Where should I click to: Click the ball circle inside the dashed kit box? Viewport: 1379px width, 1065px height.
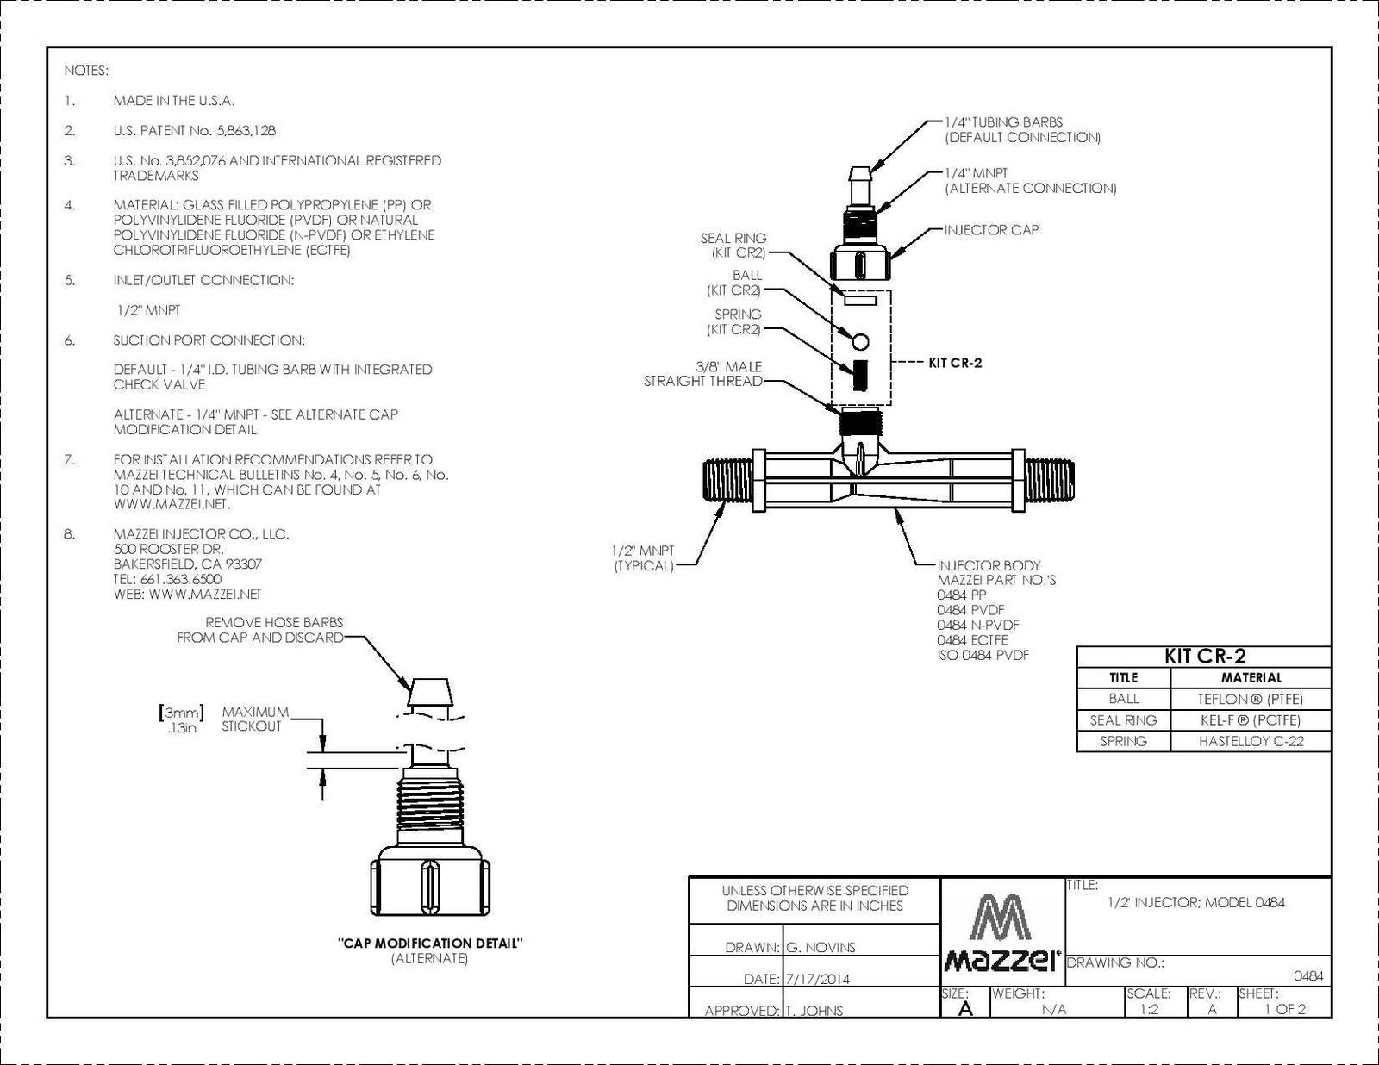click(860, 342)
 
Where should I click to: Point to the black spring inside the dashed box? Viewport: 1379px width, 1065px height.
click(860, 375)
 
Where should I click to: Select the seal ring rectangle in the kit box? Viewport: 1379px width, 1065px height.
click(860, 299)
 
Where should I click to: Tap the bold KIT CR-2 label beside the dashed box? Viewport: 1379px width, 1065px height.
click(955, 363)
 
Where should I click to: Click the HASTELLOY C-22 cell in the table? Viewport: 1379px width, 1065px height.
click(1251, 741)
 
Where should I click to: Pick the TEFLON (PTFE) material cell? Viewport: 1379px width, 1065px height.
click(1251, 699)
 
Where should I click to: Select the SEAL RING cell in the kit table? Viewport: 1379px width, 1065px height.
click(1123, 720)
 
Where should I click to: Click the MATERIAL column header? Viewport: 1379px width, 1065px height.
click(1251, 677)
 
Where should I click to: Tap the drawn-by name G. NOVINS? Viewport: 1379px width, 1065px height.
click(821, 948)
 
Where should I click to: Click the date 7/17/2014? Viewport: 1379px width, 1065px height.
click(817, 979)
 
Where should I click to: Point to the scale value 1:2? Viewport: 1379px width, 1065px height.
click(1149, 1009)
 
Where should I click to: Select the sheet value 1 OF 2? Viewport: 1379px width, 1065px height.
click(1285, 1009)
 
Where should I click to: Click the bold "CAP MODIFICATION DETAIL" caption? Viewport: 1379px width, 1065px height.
click(429, 944)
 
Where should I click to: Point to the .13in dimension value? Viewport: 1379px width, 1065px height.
click(182, 727)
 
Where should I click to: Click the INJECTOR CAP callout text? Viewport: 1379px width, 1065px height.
click(991, 229)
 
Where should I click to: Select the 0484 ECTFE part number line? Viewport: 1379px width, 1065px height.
click(972, 640)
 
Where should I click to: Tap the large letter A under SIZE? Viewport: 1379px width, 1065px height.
click(965, 1009)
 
